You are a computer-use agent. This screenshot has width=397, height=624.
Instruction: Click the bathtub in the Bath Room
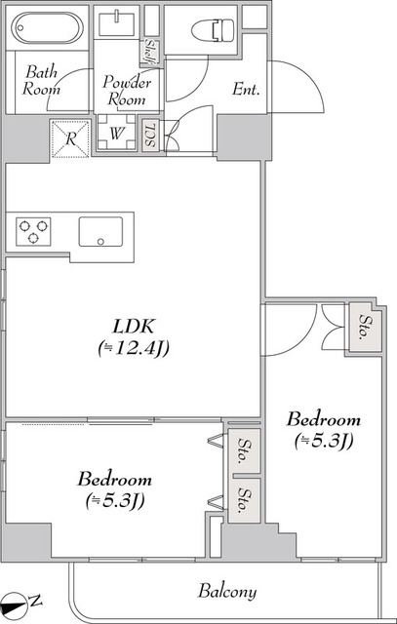(47, 27)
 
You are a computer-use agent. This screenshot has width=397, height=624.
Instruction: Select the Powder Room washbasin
(117, 23)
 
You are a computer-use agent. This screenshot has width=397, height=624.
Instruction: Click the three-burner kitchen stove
(33, 231)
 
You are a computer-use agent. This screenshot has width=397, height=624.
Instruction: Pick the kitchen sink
(100, 232)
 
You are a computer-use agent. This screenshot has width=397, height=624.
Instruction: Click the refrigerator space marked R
(70, 138)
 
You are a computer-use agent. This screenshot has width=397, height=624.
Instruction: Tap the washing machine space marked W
(116, 133)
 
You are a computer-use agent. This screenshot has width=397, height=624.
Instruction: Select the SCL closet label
(150, 136)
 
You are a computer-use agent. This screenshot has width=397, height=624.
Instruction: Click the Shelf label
(151, 52)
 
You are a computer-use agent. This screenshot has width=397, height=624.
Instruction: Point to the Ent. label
(246, 90)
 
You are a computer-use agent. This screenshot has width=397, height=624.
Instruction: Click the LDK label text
(133, 328)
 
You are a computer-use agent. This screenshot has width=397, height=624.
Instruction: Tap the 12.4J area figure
(134, 349)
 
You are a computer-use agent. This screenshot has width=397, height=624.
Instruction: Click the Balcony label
(227, 592)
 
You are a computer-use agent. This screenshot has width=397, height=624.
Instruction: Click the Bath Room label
(41, 81)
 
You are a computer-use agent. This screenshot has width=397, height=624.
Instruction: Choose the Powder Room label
(127, 91)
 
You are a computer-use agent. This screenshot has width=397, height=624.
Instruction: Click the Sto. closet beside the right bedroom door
(365, 327)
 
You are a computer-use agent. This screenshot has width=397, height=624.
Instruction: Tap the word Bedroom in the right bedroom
(323, 420)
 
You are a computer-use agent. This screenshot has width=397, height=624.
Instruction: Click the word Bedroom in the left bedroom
(115, 479)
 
